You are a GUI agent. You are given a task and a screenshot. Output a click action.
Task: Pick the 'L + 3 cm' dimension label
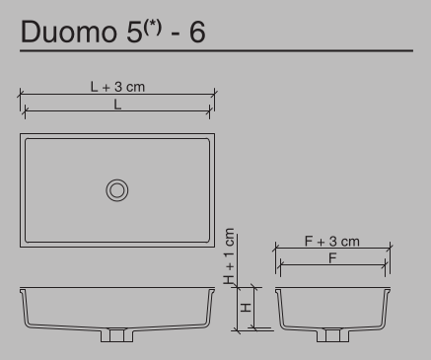pos(117,87)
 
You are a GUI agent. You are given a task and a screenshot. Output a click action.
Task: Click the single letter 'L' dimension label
pos(117,104)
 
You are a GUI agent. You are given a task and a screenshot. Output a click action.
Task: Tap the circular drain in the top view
pos(118,189)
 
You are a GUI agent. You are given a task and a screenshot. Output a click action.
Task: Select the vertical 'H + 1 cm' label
pos(230,257)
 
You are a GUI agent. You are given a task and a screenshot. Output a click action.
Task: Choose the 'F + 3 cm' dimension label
pos(330,241)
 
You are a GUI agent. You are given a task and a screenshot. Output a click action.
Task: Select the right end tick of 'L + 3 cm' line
pos(215,94)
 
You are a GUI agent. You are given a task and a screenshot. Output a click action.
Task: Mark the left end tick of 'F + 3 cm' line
pos(275,249)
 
